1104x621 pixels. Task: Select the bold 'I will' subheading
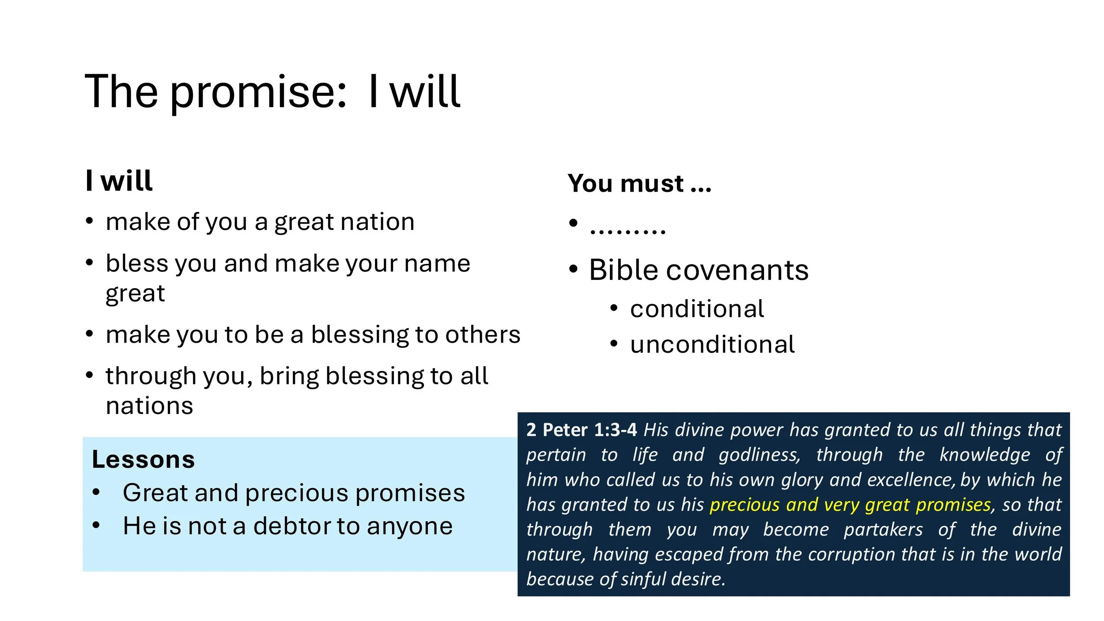coord(119,181)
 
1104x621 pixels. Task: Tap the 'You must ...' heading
coord(639,184)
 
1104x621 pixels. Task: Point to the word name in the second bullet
coord(437,264)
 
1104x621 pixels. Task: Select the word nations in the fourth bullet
coord(150,406)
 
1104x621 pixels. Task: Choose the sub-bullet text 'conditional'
coord(697,309)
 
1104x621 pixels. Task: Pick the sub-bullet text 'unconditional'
coord(712,344)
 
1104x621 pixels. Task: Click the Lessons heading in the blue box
coord(143,460)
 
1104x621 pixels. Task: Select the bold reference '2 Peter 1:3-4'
coord(581,430)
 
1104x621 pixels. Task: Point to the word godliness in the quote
coord(759,455)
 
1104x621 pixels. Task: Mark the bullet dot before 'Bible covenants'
coord(573,269)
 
